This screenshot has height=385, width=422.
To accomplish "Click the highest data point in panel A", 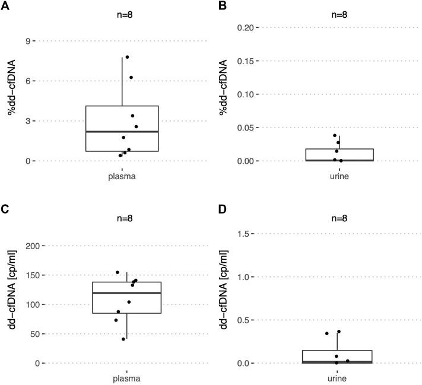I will click(x=127, y=58).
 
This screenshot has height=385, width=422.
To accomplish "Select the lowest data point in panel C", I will click(x=123, y=339).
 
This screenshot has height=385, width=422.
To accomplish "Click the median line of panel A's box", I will click(x=122, y=132).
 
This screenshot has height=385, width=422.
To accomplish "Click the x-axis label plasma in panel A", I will click(x=122, y=176).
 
